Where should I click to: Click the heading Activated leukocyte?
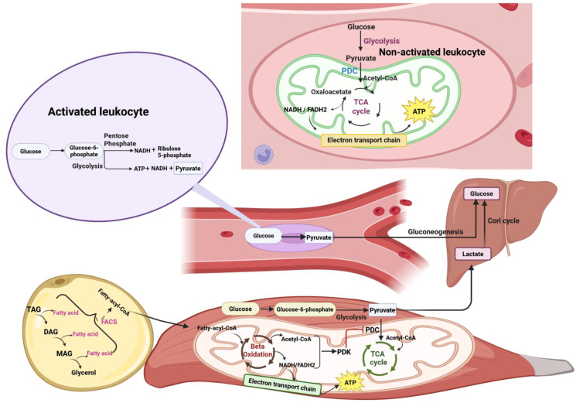pos(98,111)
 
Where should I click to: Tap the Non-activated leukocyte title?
pos(432,52)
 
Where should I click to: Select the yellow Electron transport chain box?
pos(363,140)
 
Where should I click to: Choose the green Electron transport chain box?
pos(282,384)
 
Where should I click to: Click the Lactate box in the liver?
pos(472,254)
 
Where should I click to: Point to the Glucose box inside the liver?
pos(482,193)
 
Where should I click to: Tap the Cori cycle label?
pos(503,220)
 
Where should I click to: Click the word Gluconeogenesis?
pos(435,232)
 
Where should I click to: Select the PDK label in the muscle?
pos(344,352)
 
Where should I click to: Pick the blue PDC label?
pos(349,71)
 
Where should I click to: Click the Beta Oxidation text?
pos(261,350)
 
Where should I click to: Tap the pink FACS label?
pos(109,322)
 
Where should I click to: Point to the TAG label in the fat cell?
pos(34,309)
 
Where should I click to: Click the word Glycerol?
pos(84,373)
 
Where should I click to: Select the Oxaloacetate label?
pos(331,92)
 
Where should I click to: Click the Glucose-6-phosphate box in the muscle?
pos(305,309)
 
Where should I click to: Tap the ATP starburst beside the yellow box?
pos(419,111)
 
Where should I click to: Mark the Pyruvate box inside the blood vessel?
pos(319,237)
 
